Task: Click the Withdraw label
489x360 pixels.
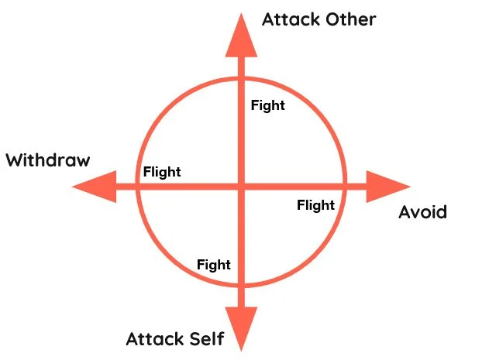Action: coord(48,161)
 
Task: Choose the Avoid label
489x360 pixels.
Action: coord(422,211)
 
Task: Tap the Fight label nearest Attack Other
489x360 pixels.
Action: coord(268,105)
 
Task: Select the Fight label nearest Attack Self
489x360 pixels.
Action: coord(214,265)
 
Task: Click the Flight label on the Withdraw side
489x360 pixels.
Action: coord(162,172)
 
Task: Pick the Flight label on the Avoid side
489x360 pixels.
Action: coord(315,205)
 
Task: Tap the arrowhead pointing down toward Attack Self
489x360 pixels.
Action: coord(241,328)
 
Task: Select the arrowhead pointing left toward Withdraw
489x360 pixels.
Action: coord(93,187)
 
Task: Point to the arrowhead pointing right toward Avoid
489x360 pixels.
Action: coord(387,187)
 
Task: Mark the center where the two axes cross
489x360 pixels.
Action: coord(241,187)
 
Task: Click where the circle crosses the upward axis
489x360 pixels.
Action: coord(241,78)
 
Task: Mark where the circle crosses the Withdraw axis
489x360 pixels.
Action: coord(137,187)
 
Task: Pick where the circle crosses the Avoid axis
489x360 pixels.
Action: coord(345,187)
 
